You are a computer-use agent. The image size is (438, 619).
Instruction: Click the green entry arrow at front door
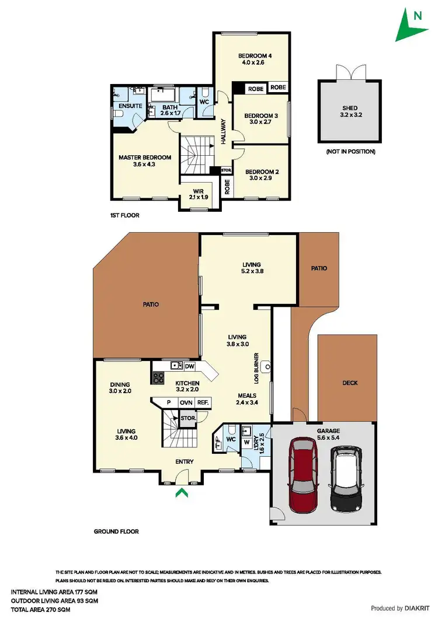pos(182,494)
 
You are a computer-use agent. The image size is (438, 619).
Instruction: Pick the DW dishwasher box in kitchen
pos(189,366)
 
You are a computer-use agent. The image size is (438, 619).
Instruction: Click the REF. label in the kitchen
pos(203,403)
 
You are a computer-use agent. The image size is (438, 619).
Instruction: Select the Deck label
pos(350,383)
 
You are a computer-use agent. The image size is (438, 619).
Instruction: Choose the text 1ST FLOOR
pos(124,215)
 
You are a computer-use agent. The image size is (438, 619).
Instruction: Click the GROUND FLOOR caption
pos(116,531)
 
